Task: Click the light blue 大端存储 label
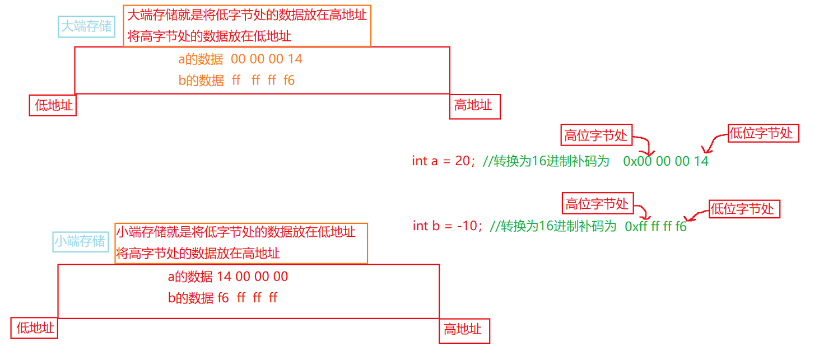coord(86,26)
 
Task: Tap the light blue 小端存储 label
coord(80,241)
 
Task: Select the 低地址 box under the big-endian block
coord(54,105)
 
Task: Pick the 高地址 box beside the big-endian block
coord(474,105)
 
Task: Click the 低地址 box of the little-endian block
coord(35,328)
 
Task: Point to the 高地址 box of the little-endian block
coord(463,330)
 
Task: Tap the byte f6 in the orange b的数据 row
coord(288,81)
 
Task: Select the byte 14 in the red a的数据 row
coord(224,277)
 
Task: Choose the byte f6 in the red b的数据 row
coord(223,298)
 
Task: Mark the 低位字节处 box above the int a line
coord(762,133)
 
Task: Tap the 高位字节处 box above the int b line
coord(597,204)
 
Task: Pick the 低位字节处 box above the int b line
coord(743,209)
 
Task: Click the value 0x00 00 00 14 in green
coord(666,161)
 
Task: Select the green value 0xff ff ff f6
coord(655,227)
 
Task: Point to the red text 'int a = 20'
coord(441,161)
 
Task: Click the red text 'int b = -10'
coord(445,226)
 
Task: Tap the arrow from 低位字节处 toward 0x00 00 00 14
coord(715,142)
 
